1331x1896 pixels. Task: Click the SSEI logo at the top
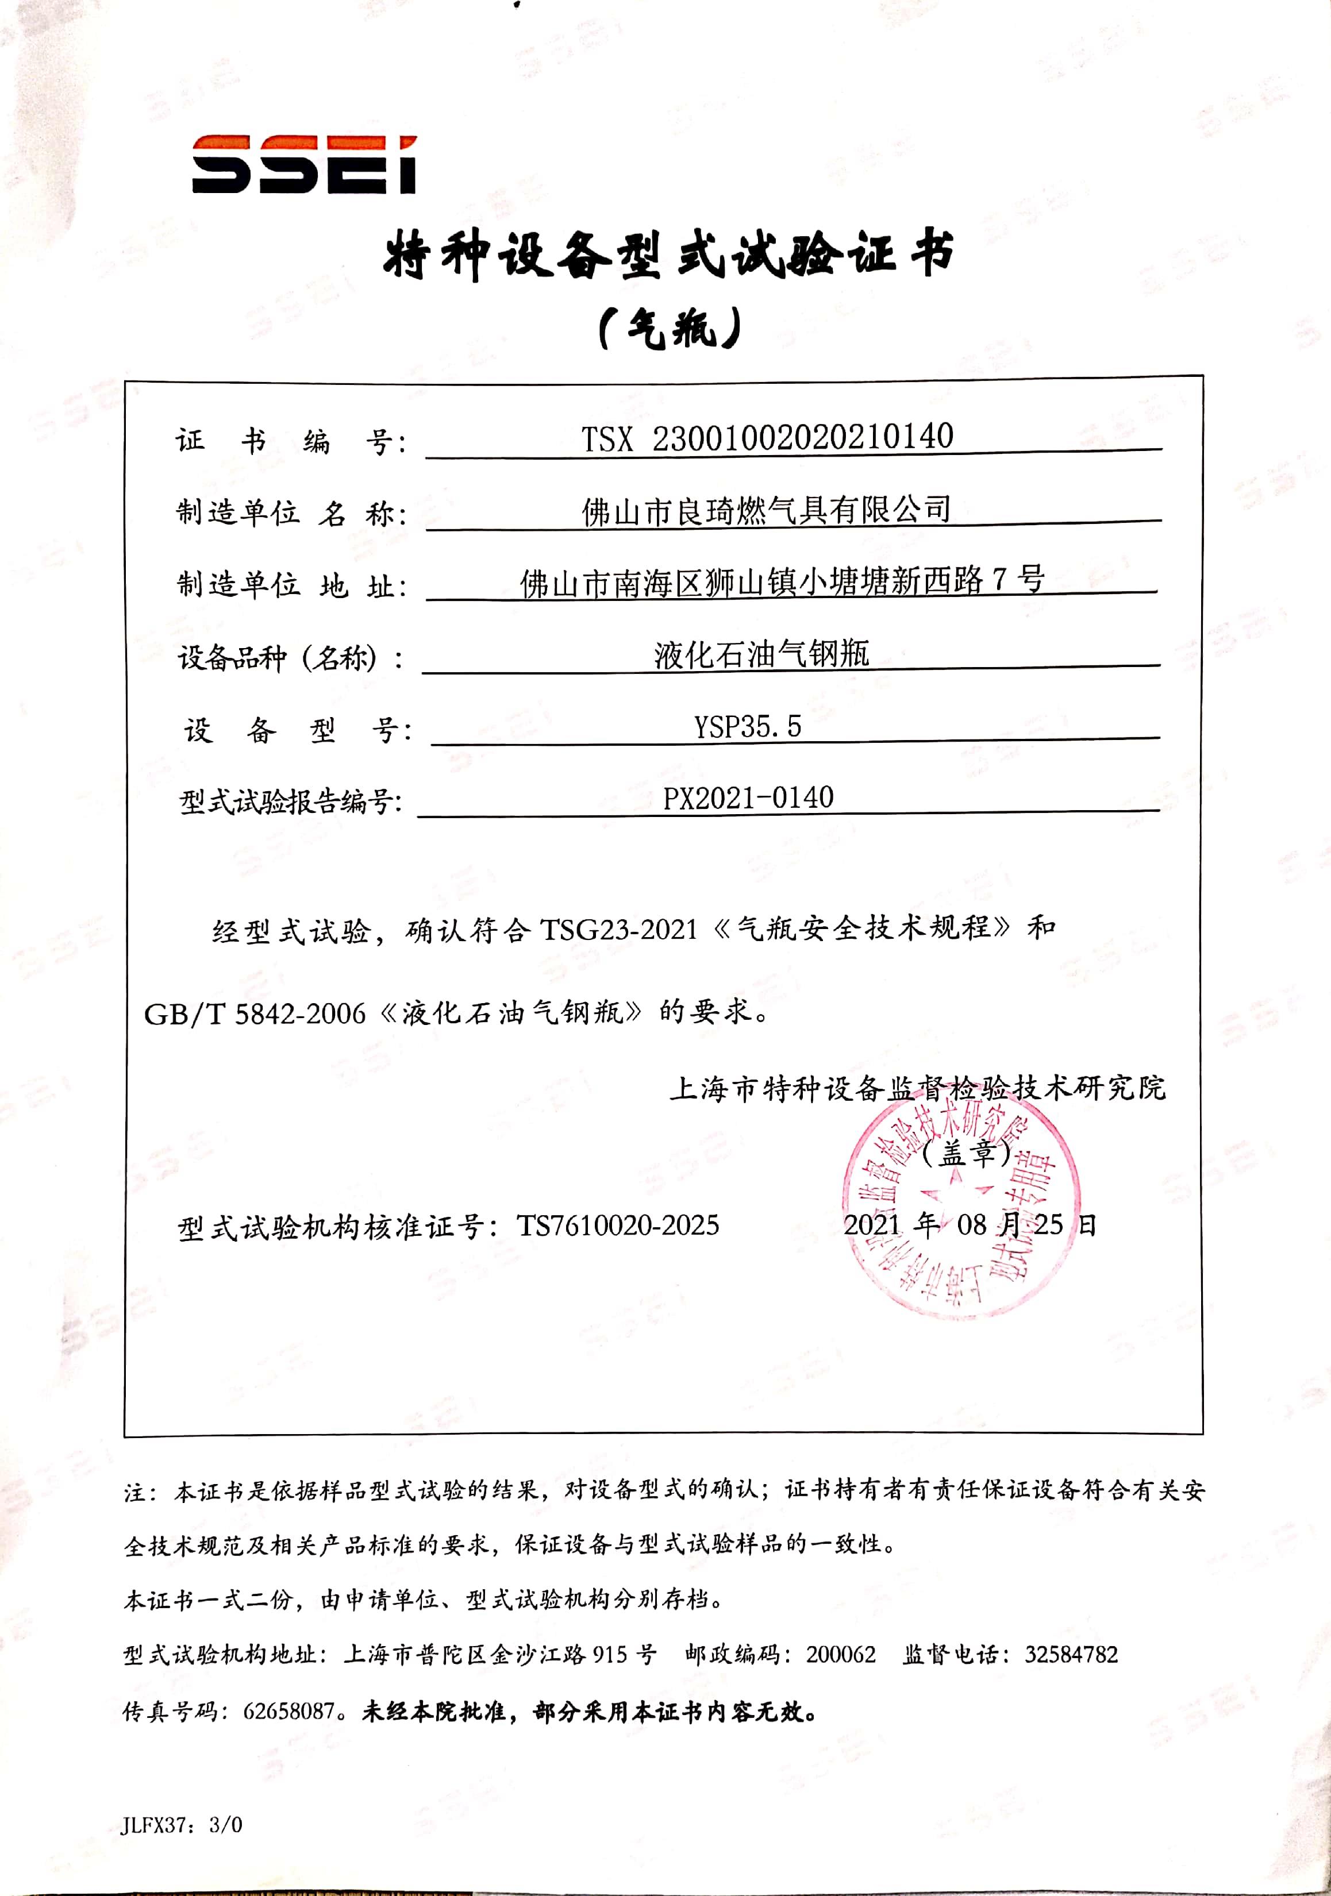[x=304, y=164]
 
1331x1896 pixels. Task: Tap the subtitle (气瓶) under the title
[x=668, y=330]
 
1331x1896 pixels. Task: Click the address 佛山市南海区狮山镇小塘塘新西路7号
[x=782, y=582]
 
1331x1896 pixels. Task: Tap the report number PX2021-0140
[x=748, y=797]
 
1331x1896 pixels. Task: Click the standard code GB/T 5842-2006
[x=255, y=1013]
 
